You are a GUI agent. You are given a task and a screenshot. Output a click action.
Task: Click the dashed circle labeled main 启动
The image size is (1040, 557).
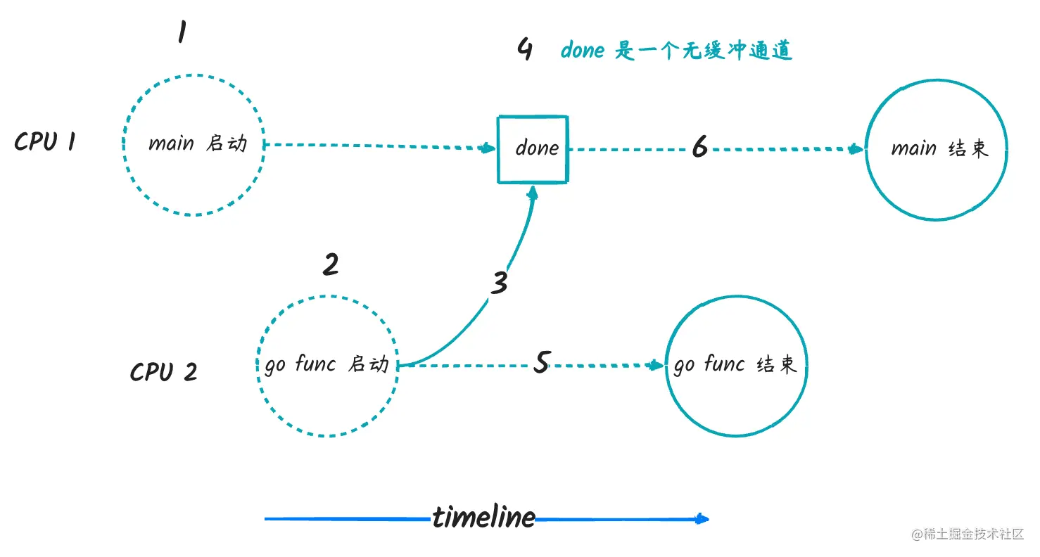[195, 144]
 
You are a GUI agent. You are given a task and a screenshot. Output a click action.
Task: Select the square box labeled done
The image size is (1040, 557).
[533, 148]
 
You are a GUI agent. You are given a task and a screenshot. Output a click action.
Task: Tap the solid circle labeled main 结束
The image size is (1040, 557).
[935, 149]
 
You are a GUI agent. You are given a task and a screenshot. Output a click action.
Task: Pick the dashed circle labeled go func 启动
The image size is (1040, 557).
[326, 366]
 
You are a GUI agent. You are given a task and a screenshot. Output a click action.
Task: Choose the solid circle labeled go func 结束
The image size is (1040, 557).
[735, 366]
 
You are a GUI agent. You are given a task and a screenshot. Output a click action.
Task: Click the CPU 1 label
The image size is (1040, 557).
[46, 142]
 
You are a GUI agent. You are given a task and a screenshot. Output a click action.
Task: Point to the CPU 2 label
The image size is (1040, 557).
[163, 371]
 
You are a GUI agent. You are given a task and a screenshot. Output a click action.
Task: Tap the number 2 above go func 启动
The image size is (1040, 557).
[330, 264]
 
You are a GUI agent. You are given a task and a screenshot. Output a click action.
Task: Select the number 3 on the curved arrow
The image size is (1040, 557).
[499, 283]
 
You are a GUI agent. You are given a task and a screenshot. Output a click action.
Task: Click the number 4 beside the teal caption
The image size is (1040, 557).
[524, 51]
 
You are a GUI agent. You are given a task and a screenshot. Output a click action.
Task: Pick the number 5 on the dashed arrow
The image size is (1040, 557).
[540, 363]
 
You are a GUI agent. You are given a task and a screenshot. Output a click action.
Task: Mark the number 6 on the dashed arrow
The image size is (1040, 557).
[699, 147]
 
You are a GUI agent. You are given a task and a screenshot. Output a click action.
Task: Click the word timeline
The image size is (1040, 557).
[483, 518]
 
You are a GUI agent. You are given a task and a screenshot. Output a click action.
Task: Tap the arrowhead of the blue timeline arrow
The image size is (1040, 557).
[702, 520]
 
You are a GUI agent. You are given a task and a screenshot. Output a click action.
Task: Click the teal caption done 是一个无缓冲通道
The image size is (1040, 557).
[676, 51]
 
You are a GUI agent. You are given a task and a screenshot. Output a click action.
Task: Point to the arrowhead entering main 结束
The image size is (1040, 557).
[857, 149]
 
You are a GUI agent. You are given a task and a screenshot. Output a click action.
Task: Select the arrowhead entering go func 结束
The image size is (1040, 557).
[657, 365]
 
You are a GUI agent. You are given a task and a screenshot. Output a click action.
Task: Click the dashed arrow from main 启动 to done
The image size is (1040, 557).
[380, 146]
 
